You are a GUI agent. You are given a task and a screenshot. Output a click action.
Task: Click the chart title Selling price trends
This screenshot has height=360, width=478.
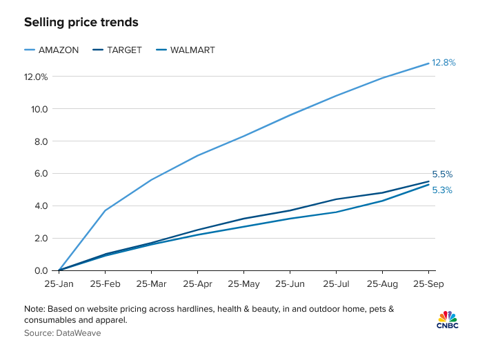[x=81, y=23]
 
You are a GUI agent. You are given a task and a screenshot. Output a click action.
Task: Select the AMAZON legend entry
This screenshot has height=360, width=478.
[x=59, y=50]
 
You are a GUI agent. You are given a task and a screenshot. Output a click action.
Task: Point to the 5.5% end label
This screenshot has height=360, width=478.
[x=442, y=174]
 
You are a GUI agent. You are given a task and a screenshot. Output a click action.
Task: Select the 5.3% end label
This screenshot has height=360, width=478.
[x=442, y=190]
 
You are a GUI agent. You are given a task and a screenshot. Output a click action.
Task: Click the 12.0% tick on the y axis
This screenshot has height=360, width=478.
[x=36, y=77]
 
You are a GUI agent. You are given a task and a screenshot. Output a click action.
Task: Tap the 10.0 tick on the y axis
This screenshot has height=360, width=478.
[x=39, y=109]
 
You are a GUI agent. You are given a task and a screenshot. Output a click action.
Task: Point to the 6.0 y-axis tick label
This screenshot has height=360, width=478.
[x=41, y=174]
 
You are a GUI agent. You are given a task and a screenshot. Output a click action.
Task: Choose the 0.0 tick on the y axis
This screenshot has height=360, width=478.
[x=41, y=271]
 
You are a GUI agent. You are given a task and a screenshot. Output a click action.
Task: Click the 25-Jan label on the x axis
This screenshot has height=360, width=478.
[x=59, y=284]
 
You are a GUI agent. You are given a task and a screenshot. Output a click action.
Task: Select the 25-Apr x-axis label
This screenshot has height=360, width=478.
[x=198, y=284]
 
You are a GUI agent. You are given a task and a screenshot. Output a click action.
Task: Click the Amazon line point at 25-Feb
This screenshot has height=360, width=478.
[x=105, y=210]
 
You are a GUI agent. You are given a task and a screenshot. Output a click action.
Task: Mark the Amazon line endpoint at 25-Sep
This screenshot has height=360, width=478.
[x=429, y=63]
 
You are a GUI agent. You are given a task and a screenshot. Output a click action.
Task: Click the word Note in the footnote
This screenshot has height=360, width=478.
[x=34, y=308]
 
